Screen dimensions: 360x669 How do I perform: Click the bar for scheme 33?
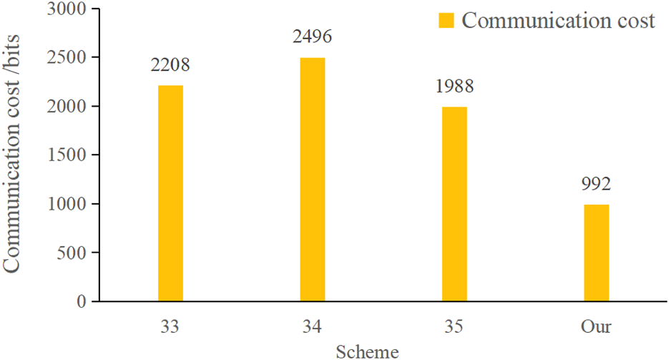tap(170, 193)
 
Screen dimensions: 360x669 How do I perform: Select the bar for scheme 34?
tap(312, 179)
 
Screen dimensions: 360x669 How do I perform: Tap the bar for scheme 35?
tap(454, 204)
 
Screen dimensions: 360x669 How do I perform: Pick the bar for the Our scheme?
tap(596, 253)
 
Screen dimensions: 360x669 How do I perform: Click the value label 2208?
tap(170, 66)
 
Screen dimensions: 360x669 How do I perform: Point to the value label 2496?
tap(312, 37)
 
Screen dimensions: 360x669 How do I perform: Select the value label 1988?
tap(454, 87)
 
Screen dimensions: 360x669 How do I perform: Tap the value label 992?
tap(596, 184)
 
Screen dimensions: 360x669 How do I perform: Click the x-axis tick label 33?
tap(170, 327)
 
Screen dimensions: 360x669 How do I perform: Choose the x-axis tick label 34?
tap(312, 327)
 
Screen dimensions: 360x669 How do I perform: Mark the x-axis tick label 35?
tap(454, 327)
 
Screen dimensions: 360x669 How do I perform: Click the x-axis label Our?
tap(596, 327)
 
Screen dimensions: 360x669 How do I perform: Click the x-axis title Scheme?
tap(367, 351)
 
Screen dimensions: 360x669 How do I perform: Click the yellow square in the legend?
tap(447, 20)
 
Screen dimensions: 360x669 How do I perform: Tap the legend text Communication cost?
tap(558, 20)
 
